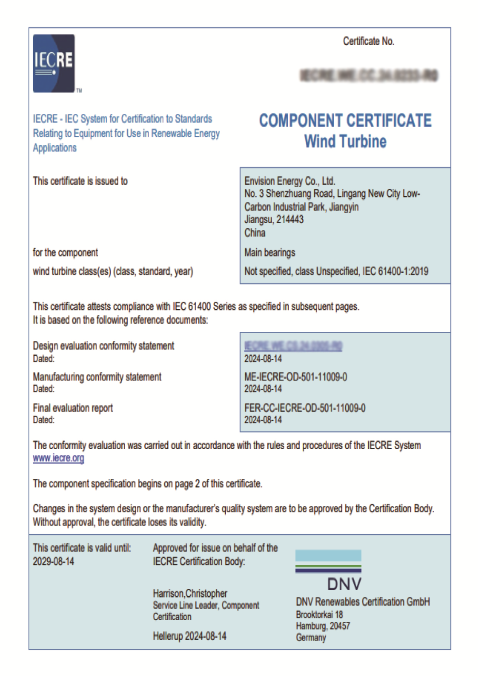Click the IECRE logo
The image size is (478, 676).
click(54, 63)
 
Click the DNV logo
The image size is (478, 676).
click(328, 570)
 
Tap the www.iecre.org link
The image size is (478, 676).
click(58, 458)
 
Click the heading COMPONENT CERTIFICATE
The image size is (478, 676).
click(345, 120)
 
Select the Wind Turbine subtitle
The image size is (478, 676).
click(345, 142)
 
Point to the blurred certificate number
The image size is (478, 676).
click(369, 75)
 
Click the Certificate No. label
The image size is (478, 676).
click(368, 41)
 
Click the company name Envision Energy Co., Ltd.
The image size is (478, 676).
click(289, 181)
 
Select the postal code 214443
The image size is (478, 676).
click(290, 219)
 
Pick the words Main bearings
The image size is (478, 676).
click(270, 253)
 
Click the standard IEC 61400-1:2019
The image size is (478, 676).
click(395, 271)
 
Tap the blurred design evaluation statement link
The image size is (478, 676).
click(293, 346)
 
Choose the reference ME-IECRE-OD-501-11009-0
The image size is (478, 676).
click(296, 377)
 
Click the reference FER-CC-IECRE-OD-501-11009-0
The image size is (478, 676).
click(305, 408)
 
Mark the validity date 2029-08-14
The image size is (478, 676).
click(54, 561)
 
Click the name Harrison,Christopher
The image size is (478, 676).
click(190, 593)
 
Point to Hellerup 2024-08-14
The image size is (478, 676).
click(189, 636)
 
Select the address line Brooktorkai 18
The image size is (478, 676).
click(319, 614)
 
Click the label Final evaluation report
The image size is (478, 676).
click(73, 408)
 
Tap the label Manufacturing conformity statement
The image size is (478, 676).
click(97, 377)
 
